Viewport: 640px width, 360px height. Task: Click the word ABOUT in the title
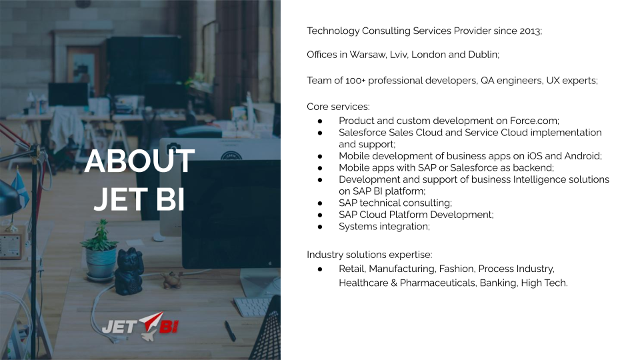(x=139, y=161)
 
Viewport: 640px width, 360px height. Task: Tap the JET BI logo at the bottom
(x=140, y=326)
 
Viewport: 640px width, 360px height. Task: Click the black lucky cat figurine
(x=129, y=271)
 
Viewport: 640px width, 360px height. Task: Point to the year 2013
(x=531, y=31)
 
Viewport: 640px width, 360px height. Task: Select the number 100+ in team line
(x=355, y=81)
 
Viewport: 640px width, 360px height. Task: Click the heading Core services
(x=338, y=107)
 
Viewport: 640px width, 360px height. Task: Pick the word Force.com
(x=534, y=121)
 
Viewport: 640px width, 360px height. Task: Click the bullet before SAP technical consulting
(x=320, y=203)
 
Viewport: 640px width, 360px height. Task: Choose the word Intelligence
(x=541, y=179)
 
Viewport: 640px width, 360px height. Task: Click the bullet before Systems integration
(x=320, y=227)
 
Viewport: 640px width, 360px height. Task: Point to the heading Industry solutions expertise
(x=369, y=255)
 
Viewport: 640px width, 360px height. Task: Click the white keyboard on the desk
(x=252, y=307)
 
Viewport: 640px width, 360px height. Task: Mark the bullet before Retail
(x=320, y=269)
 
